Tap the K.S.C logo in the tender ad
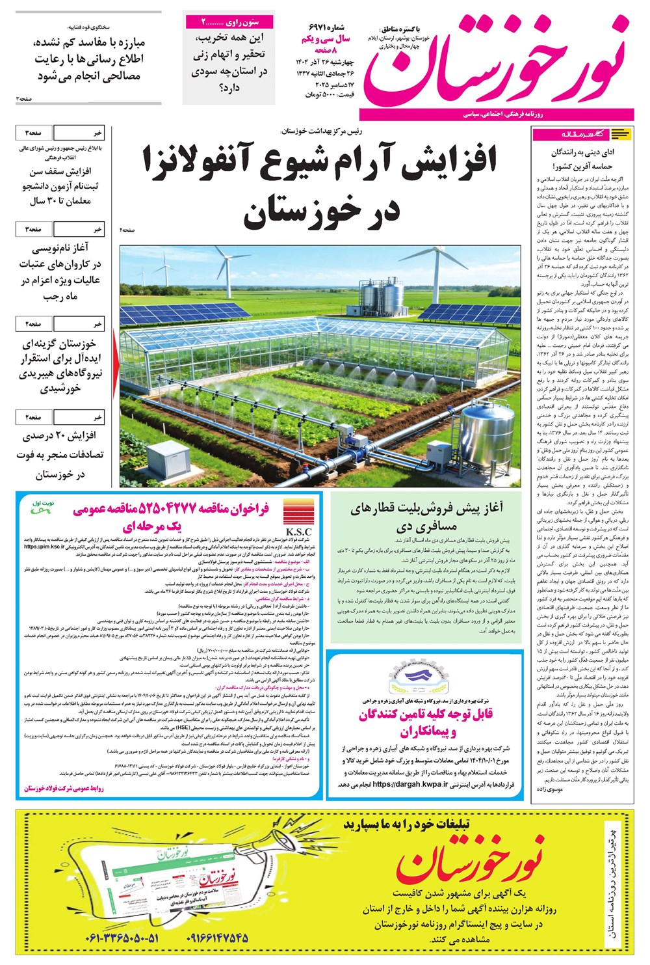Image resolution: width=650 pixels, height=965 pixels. [298, 518]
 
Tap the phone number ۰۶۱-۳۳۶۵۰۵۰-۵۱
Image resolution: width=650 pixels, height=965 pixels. [122, 938]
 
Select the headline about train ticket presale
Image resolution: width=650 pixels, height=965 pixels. [426, 517]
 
